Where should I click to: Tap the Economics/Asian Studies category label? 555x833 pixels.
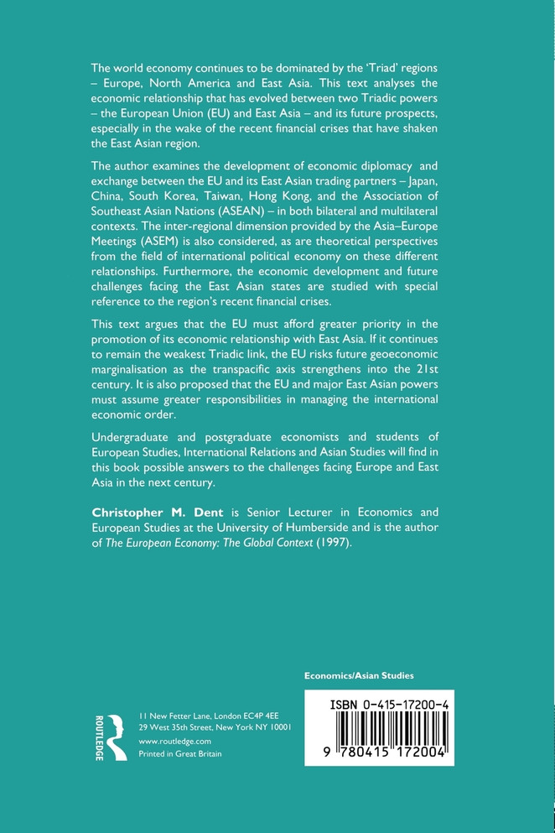[359, 674]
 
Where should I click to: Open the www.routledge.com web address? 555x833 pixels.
[174, 742]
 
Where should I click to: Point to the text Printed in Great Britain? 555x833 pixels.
[179, 756]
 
